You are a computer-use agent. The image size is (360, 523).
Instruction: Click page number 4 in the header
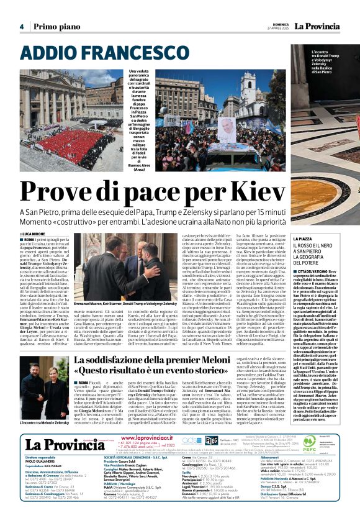click(x=21, y=27)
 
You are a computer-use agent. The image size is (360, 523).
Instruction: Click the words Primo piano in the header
click(x=56, y=27)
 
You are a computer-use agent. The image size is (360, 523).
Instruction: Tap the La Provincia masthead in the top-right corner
click(x=317, y=26)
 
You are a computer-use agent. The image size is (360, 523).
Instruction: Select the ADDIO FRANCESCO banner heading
click(x=87, y=53)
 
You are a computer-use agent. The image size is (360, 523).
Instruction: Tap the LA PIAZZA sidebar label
click(x=303, y=239)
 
